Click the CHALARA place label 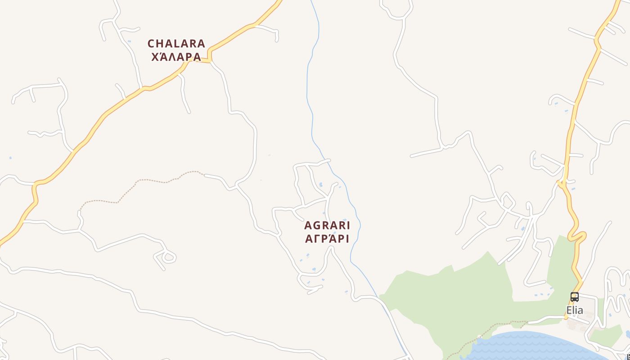(176, 44)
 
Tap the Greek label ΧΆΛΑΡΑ (176, 57)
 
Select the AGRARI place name (327, 225)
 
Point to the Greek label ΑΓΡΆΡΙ (327, 239)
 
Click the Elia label (575, 310)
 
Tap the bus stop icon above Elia (575, 297)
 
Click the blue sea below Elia (531, 346)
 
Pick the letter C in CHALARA (152, 44)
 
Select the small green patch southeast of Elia (605, 335)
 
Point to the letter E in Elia (569, 310)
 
